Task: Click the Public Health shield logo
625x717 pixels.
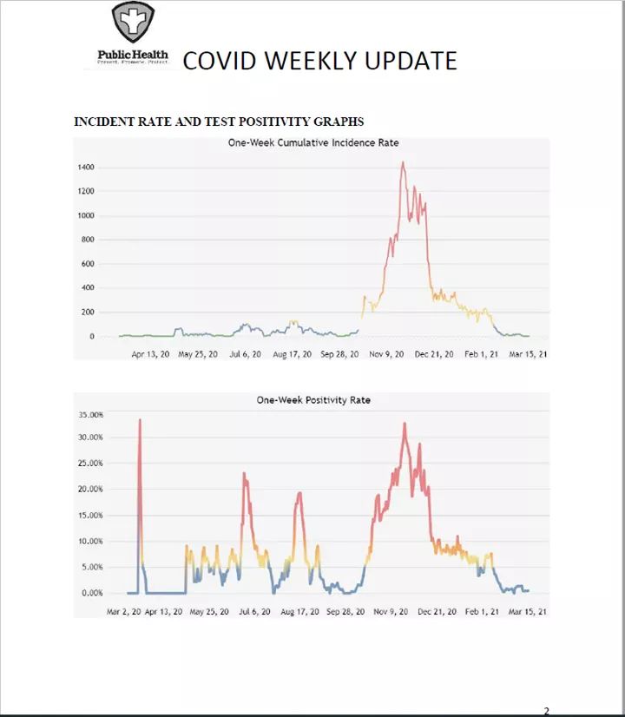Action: coord(133,23)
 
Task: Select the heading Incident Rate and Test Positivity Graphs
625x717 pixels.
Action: coord(219,122)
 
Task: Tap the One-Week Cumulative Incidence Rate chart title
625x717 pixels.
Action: coord(312,142)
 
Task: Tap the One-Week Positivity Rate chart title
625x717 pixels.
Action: coord(312,400)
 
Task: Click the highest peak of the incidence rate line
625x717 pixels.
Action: coord(403,162)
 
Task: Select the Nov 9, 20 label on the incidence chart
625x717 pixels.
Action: coord(387,354)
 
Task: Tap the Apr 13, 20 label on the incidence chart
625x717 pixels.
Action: coord(151,354)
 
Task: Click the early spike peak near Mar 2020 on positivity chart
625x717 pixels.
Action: coord(140,420)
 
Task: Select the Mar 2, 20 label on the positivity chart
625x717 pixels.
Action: coord(124,612)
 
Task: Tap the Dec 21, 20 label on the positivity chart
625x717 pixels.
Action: coord(436,612)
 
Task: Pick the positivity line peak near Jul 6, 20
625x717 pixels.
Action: coord(244,474)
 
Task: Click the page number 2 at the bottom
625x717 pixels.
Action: coord(546,711)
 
